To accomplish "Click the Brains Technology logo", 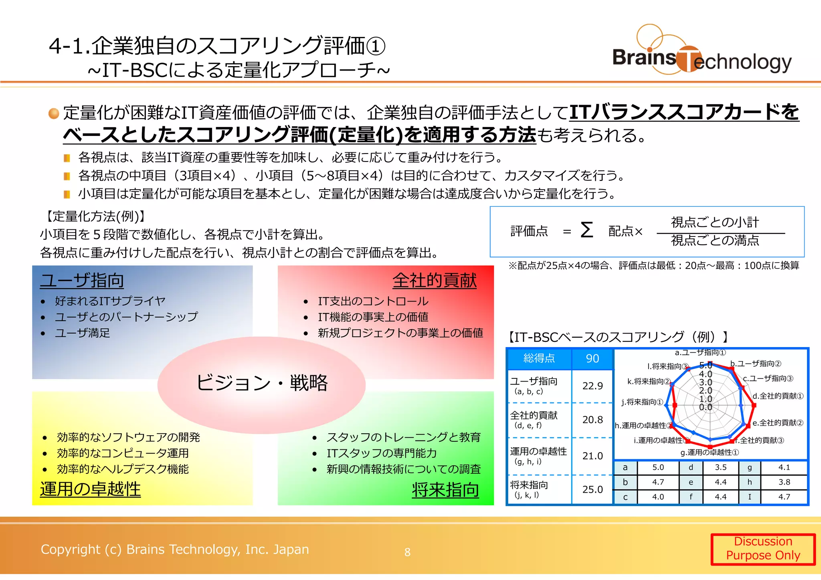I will [x=702, y=52].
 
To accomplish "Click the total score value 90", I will [x=592, y=358].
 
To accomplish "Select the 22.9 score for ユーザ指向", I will [x=592, y=386].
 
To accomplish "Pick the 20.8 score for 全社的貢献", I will [x=592, y=420].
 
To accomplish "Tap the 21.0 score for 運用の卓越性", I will [x=592, y=456].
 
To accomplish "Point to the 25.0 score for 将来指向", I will [x=592, y=489].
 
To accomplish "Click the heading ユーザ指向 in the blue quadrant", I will [x=82, y=280].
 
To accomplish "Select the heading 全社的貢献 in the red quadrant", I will [x=435, y=280].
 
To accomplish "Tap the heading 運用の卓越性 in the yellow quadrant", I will [x=90, y=489].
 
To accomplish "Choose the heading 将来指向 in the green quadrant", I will [x=445, y=490].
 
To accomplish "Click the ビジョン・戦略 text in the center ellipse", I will [x=262, y=383].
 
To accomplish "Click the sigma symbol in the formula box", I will [x=586, y=230].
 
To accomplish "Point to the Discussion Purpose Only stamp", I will [x=763, y=549].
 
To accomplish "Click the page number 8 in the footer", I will [x=407, y=552].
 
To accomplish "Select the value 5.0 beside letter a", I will [x=658, y=467].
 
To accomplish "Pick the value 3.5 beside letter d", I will [x=720, y=467].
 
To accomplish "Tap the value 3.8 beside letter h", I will [x=784, y=482].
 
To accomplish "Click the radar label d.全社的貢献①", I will [x=778, y=396].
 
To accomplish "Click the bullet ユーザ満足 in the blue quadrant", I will [x=82, y=333].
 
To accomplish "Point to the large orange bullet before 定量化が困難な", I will [x=54, y=113].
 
